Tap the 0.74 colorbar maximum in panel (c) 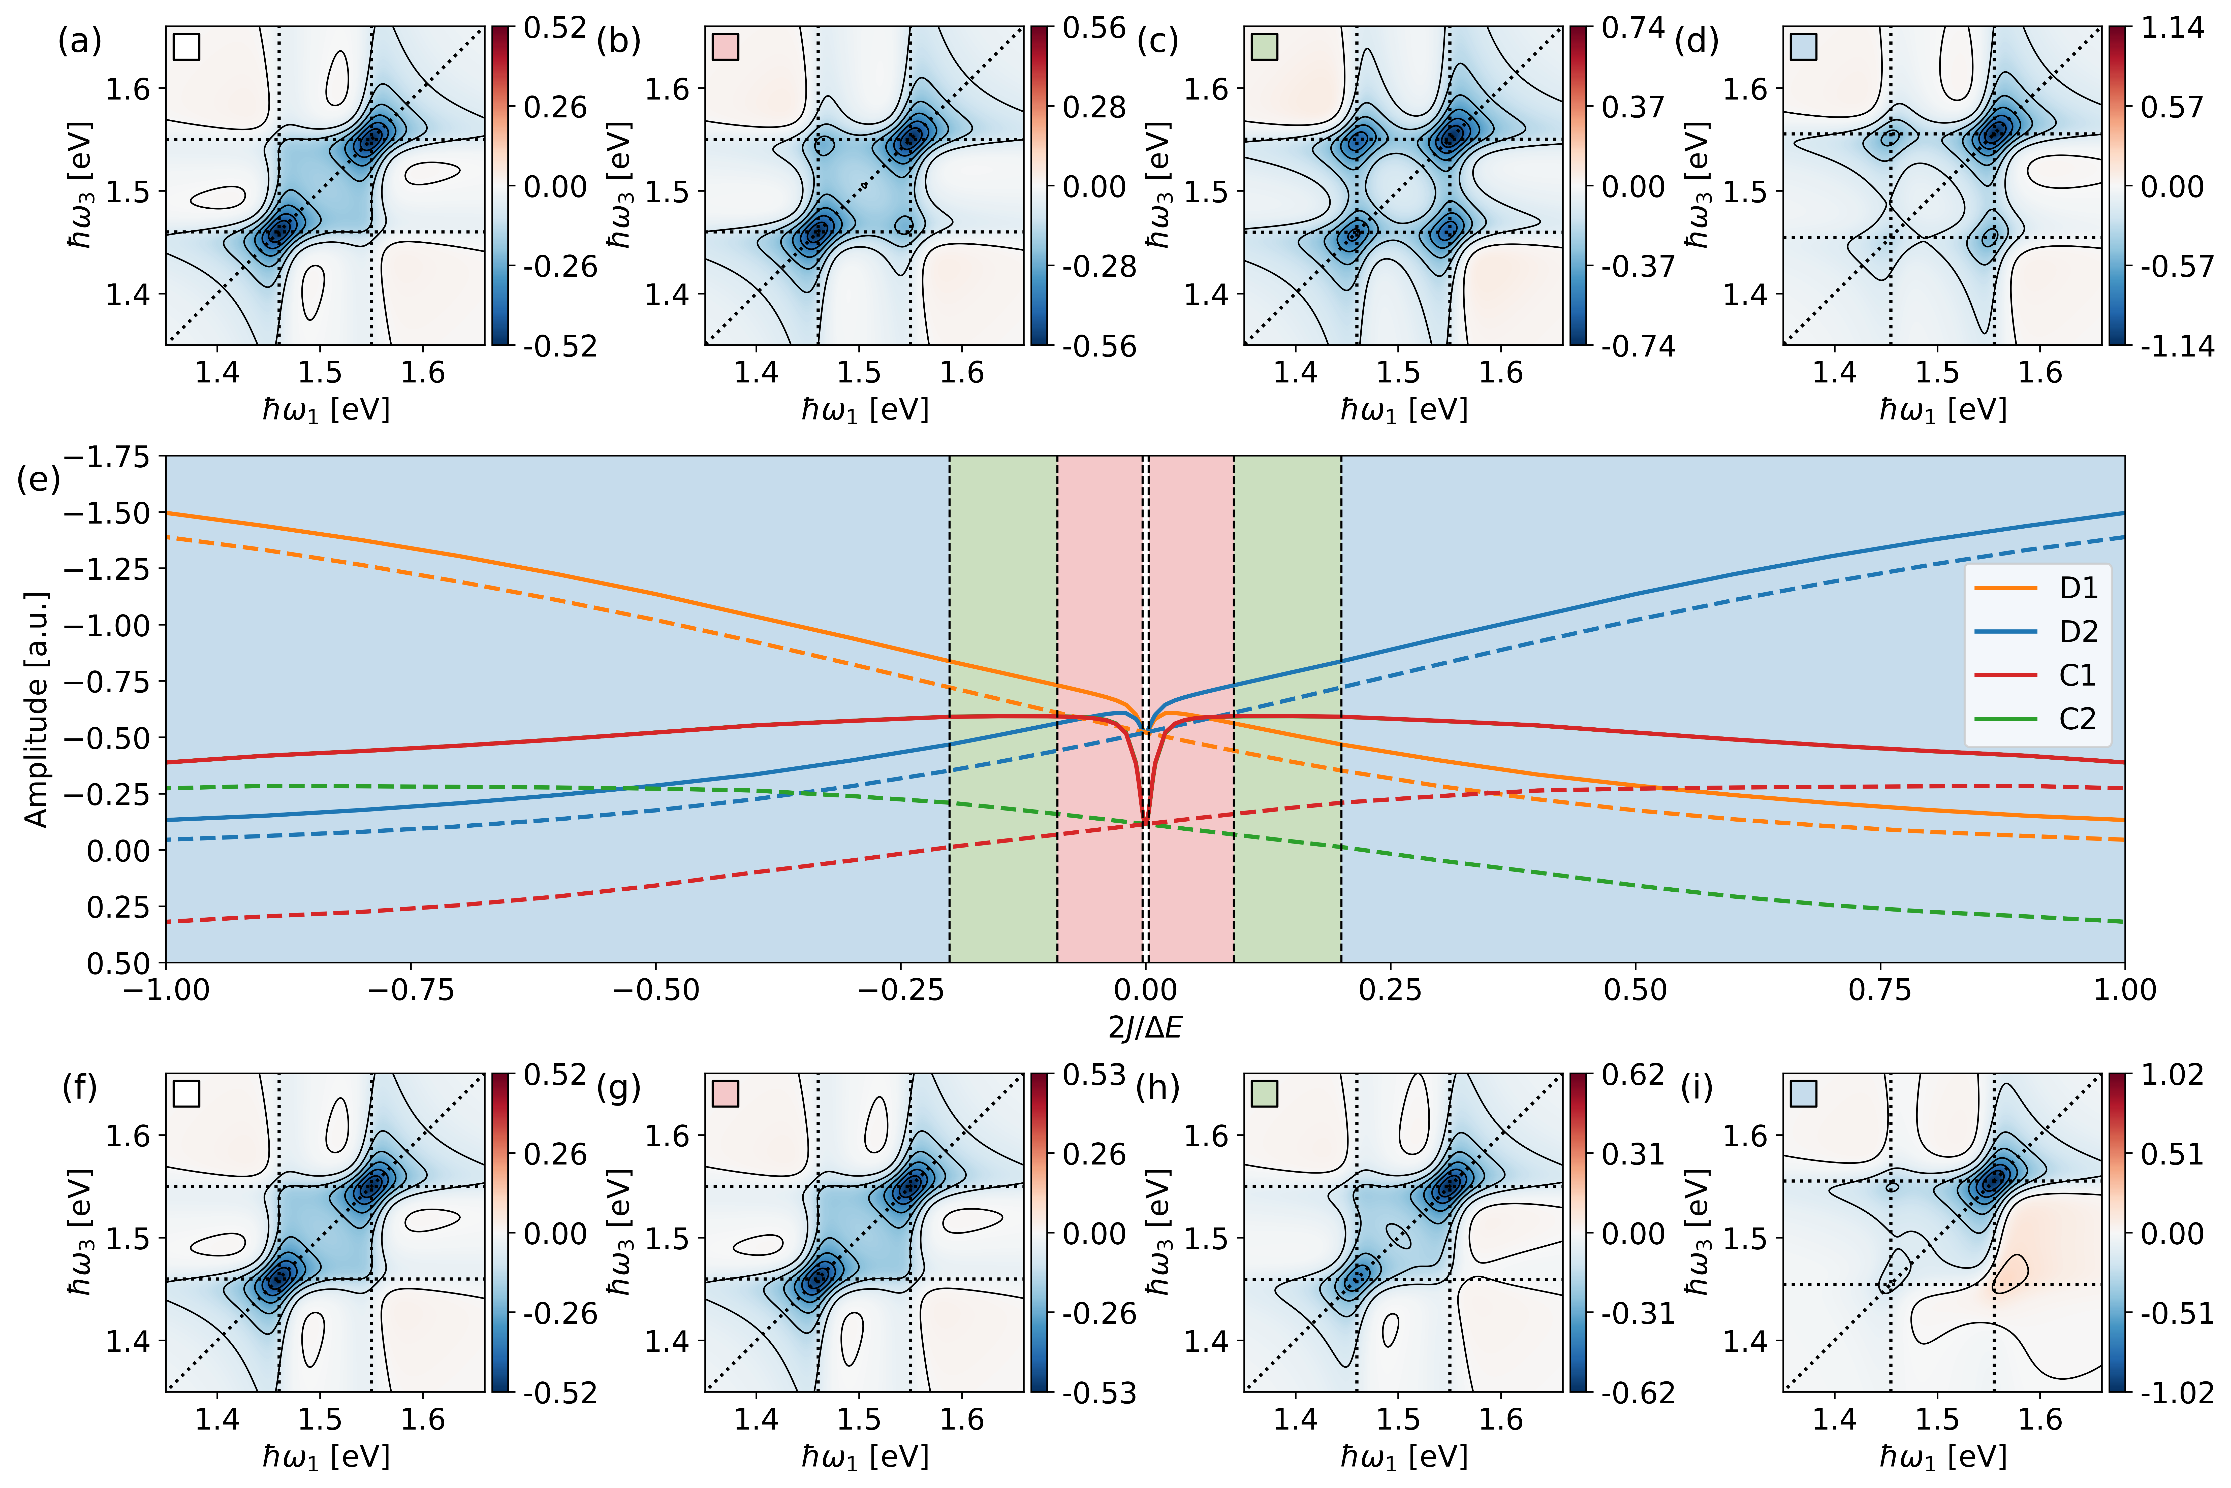click(x=1632, y=28)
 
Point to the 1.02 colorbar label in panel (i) click(x=2171, y=1075)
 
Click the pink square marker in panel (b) click(x=726, y=47)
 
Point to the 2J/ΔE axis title click(x=1145, y=1028)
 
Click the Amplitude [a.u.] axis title click(x=36, y=710)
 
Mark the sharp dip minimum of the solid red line click(x=1145, y=822)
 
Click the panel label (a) click(x=80, y=41)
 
